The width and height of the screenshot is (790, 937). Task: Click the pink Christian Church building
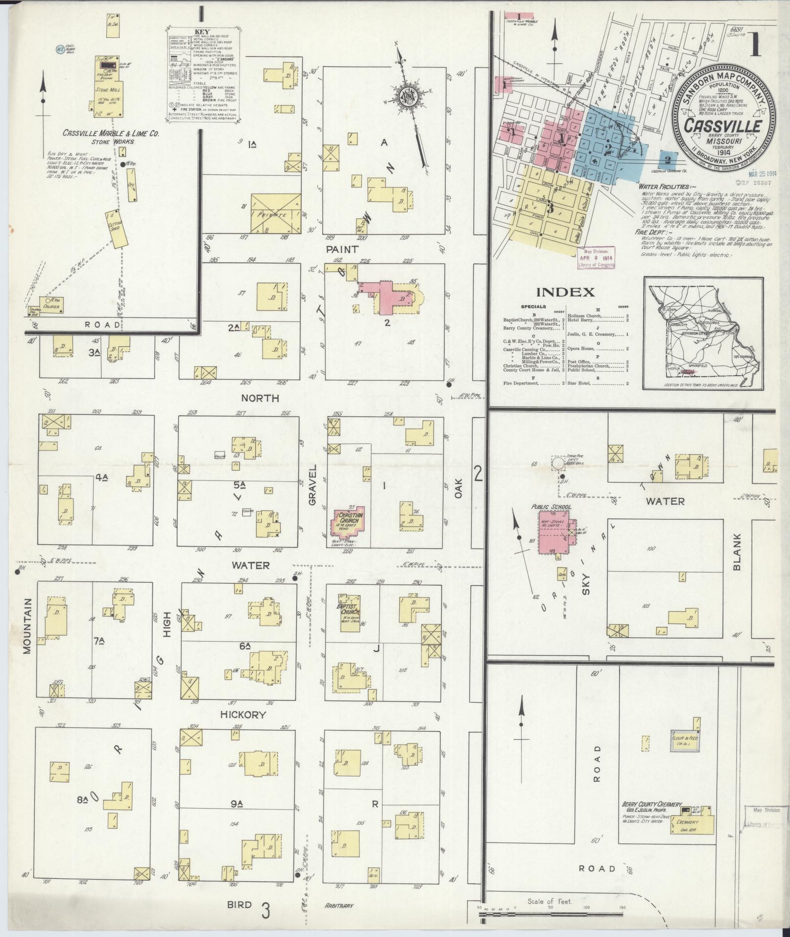(x=348, y=521)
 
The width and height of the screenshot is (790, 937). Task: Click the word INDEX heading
(x=566, y=292)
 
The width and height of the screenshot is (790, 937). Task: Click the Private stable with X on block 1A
(x=276, y=213)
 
